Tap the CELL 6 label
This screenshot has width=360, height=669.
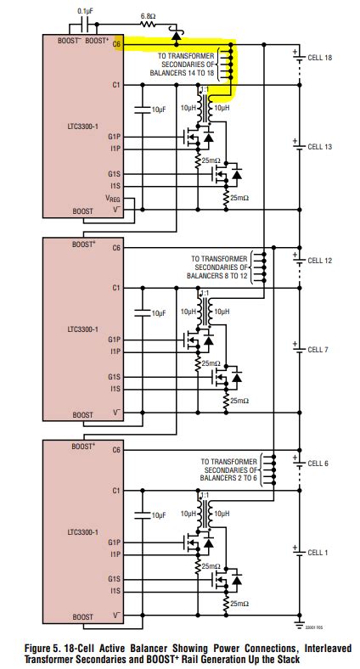coord(321,463)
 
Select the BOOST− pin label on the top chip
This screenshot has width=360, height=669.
coord(66,40)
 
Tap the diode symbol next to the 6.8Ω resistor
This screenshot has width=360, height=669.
coord(175,36)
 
